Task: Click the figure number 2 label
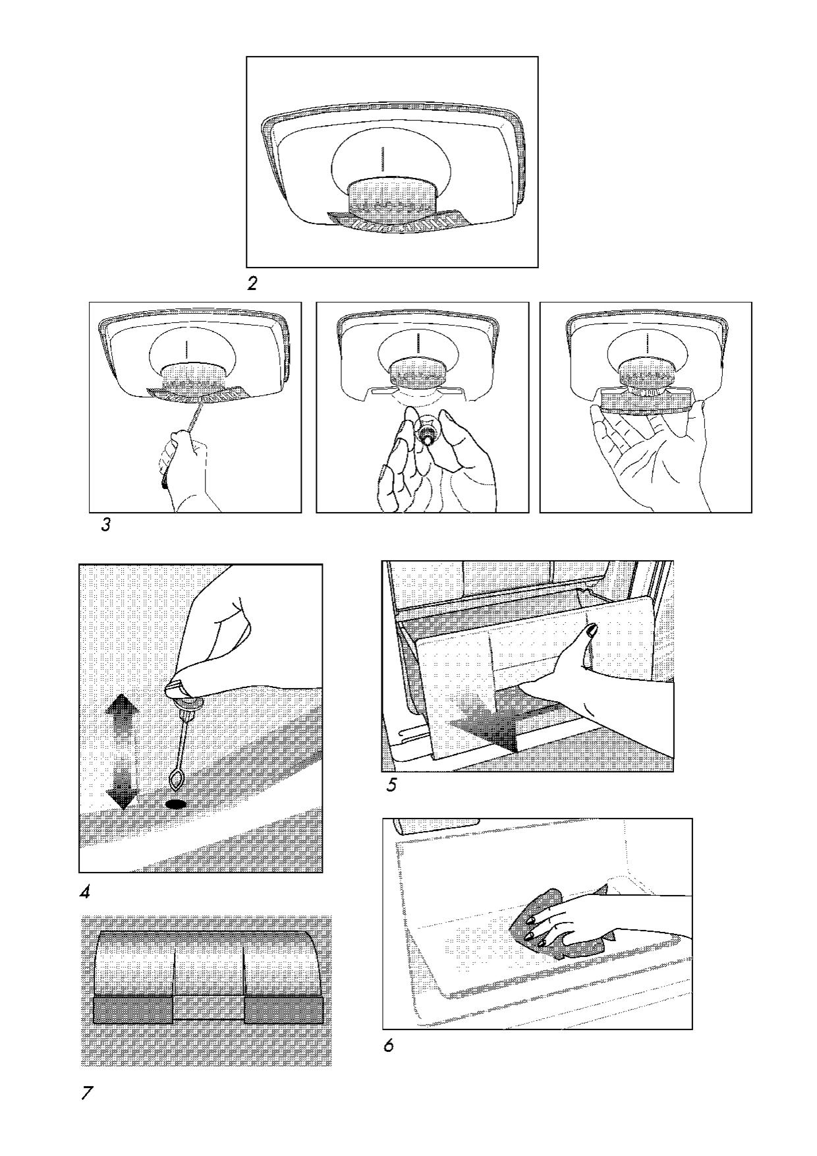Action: point(252,284)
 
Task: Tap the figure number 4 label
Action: point(84,893)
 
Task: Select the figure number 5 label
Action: point(391,786)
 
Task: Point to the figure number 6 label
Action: point(389,1046)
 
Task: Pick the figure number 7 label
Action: point(86,1093)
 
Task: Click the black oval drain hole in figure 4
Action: point(175,804)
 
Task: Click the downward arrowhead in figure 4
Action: point(123,798)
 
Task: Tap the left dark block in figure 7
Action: point(134,1010)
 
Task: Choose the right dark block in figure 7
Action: point(284,1010)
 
